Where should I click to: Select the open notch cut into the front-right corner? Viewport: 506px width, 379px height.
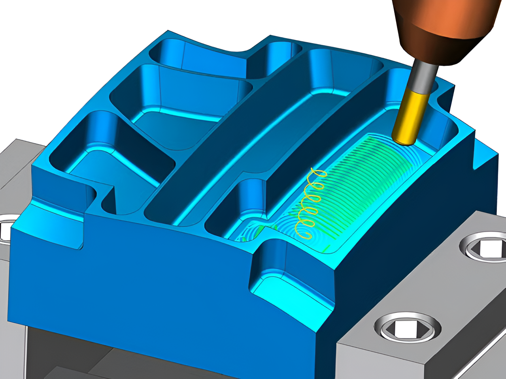tap(285, 268)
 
